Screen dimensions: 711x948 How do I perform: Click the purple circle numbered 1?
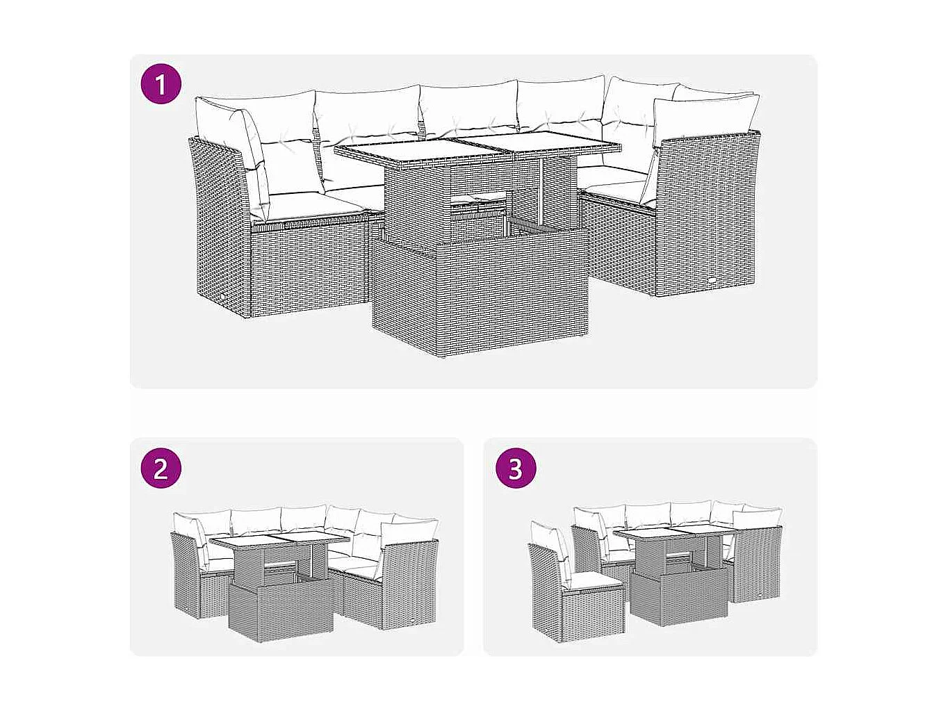point(161,85)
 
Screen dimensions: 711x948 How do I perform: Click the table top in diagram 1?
point(478,147)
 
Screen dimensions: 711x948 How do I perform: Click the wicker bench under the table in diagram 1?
point(480,299)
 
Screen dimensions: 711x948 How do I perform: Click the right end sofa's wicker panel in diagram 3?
point(758,563)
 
